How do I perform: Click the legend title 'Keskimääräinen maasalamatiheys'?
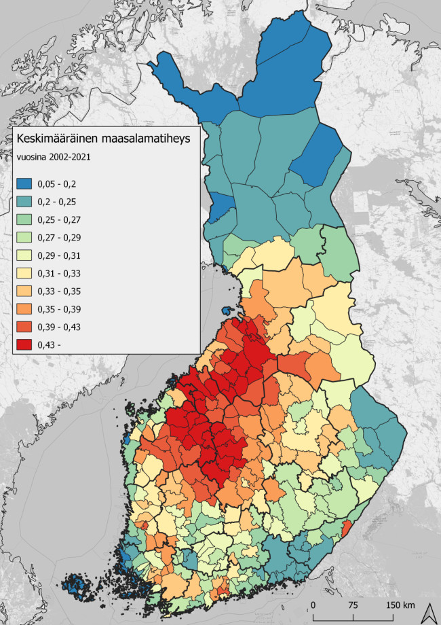point(102,139)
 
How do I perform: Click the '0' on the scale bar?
point(313,605)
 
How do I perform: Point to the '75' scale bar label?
point(353,605)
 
